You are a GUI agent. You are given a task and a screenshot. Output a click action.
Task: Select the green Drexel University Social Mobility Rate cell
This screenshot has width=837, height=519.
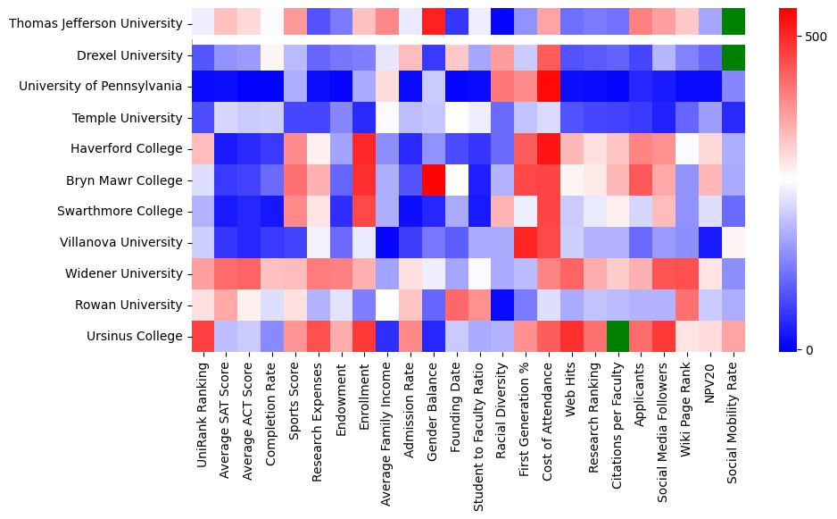pyautogui.click(x=733, y=55)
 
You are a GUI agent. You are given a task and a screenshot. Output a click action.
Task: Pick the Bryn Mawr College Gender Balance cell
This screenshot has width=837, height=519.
pyautogui.click(x=435, y=180)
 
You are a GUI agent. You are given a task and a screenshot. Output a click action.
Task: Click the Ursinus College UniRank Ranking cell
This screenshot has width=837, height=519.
pyautogui.click(x=203, y=337)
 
